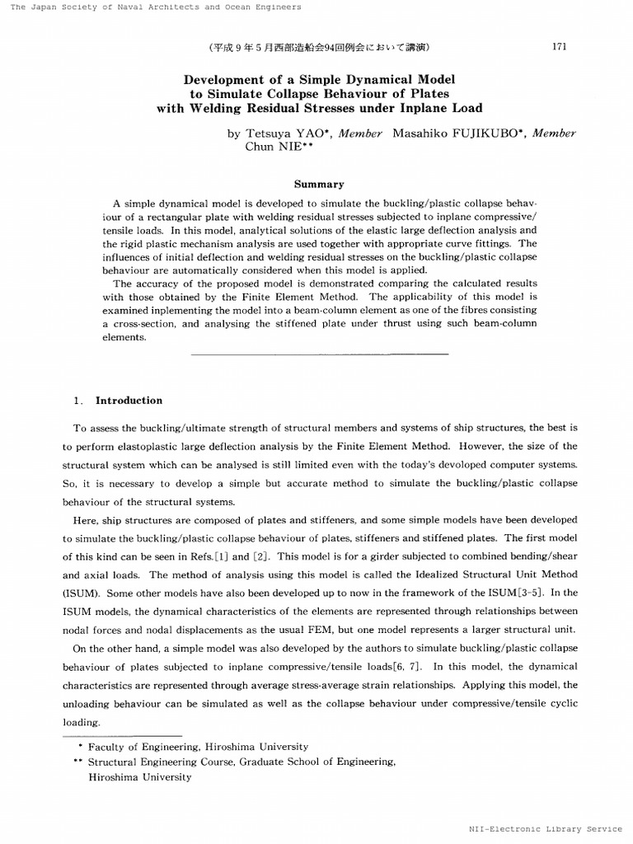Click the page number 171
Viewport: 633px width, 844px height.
point(559,47)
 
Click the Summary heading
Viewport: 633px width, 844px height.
point(319,185)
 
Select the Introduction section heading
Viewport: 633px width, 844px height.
point(129,401)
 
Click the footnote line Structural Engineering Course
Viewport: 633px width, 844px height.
point(241,762)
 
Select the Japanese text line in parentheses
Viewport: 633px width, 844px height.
point(319,47)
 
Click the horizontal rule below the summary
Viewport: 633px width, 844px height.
point(319,354)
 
